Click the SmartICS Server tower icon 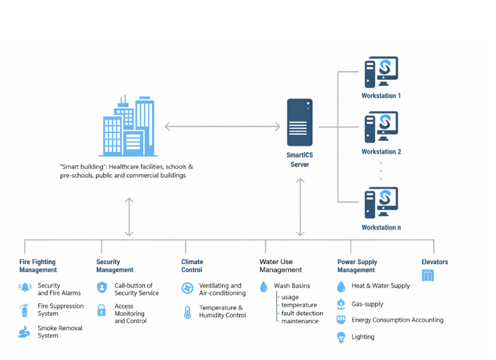tap(300, 122)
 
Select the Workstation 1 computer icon tap(381, 72)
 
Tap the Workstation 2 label tap(381, 152)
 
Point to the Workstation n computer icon tap(381, 203)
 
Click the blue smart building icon tap(129, 126)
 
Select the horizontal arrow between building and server tap(222, 127)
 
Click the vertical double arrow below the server tap(300, 207)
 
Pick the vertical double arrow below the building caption tap(129, 217)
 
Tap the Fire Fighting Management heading tap(38, 266)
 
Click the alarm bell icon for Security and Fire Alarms tap(25, 287)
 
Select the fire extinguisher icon tap(24, 310)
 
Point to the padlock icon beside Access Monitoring tap(102, 310)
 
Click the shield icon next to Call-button tap(102, 288)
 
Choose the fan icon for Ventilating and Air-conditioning tap(187, 288)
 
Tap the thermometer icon tap(187, 312)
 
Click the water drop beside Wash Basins tap(263, 287)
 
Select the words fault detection tap(302, 313)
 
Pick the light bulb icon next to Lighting tap(341, 337)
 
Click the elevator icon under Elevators tap(428, 275)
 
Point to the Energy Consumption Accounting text tap(398, 320)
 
